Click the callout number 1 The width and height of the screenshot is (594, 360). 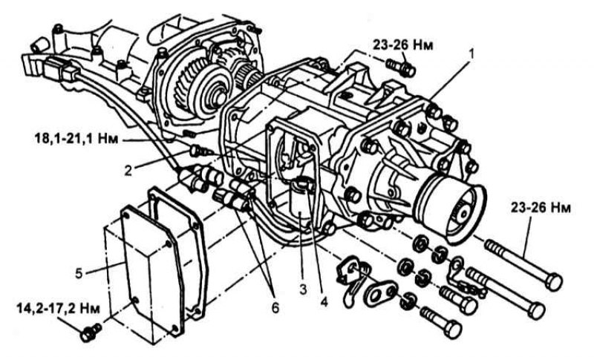pos(471,54)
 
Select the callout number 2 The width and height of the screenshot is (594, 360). pos(128,171)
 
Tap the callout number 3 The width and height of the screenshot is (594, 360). pos(303,290)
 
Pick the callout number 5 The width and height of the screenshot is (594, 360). pos(79,273)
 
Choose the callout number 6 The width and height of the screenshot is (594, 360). pos(275,307)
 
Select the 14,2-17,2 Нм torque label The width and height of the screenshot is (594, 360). pos(59,309)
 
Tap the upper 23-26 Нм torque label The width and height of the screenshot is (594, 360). pos(403,45)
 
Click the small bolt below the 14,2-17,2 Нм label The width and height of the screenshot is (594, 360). pos(90,332)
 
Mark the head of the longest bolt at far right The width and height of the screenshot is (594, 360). pos(554,282)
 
